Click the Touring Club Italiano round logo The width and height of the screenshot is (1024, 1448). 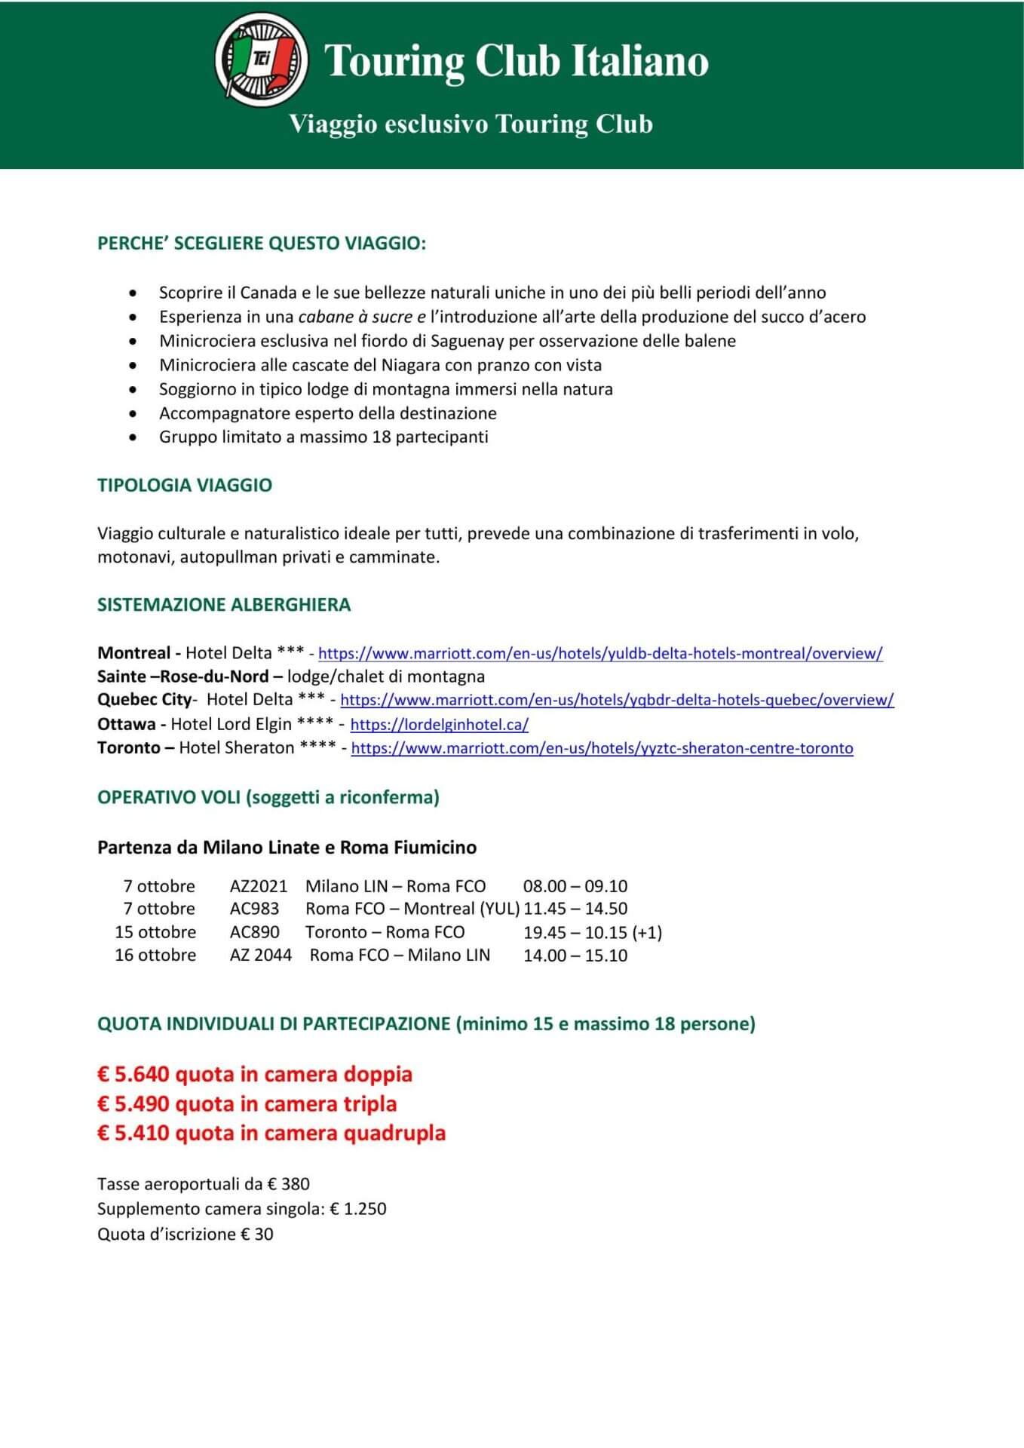click(261, 59)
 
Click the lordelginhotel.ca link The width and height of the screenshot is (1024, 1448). click(439, 725)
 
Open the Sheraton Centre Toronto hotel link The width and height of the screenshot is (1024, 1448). click(602, 748)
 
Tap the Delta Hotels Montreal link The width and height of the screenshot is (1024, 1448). click(600, 654)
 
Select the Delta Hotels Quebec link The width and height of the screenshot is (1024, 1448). click(617, 700)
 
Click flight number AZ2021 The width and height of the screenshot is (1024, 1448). click(258, 886)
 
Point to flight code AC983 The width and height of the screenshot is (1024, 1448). click(254, 909)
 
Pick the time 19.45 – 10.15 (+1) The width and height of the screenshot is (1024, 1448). click(593, 932)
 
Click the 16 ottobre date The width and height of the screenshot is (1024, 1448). click(155, 956)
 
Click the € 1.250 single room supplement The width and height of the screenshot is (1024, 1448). click(358, 1209)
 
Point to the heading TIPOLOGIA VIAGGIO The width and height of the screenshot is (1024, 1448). click(185, 485)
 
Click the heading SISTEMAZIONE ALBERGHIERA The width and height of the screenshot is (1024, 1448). click(224, 605)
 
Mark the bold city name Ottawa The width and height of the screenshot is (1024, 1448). click(126, 725)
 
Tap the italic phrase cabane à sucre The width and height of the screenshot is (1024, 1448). click(355, 317)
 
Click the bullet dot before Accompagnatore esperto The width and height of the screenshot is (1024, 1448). click(133, 413)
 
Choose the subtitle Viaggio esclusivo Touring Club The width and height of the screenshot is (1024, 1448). click(471, 124)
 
